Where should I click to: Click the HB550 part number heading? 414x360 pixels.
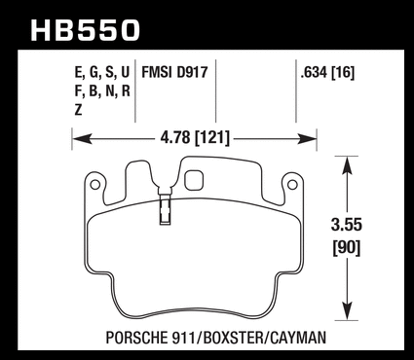tap(85, 30)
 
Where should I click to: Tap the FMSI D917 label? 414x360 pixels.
tap(174, 72)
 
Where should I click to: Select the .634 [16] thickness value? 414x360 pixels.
tap(327, 72)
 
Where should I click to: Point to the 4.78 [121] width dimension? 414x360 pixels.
tap(195, 138)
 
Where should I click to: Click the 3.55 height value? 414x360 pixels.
tap(347, 225)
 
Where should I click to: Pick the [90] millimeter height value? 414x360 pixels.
tap(347, 248)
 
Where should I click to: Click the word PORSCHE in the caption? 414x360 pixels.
tap(137, 338)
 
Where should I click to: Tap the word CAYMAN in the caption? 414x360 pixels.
tap(297, 338)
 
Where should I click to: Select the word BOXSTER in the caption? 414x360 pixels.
tap(233, 338)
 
